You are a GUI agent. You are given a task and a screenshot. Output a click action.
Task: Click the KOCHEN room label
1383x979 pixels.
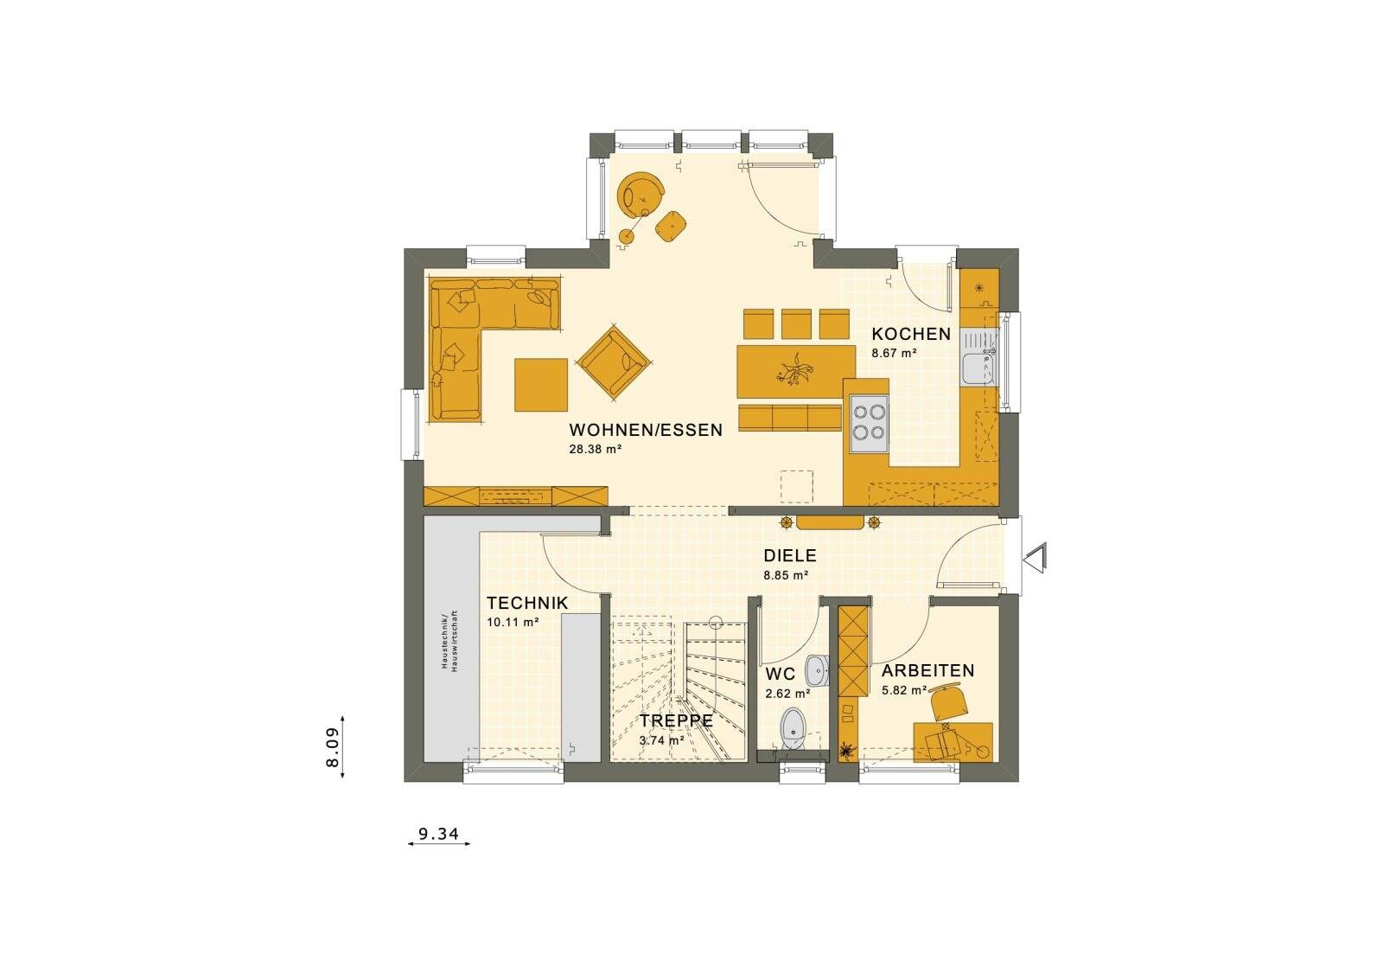910,334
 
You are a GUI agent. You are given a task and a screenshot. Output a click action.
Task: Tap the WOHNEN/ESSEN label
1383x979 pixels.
645,430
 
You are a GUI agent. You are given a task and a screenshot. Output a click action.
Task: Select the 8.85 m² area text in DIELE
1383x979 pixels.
785,574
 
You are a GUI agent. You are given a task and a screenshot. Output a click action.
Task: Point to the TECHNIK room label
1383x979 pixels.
526,603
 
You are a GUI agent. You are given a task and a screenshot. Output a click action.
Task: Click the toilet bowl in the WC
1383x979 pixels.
792,728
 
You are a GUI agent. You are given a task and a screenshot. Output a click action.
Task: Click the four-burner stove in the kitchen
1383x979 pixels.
868,423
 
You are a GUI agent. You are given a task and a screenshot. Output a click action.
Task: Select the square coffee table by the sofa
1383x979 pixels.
541,385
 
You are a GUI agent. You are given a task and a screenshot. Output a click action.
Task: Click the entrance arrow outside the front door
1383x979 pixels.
1036,557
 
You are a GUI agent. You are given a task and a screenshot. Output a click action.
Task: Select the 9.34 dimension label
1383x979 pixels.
438,834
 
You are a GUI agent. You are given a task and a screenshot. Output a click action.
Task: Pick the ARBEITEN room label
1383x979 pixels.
927,670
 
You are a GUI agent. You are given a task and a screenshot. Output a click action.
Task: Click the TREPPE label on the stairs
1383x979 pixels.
676,720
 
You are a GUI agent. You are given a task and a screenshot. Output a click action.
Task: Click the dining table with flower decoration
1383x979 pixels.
789,373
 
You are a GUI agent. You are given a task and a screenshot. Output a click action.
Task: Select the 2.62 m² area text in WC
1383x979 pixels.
787,693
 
